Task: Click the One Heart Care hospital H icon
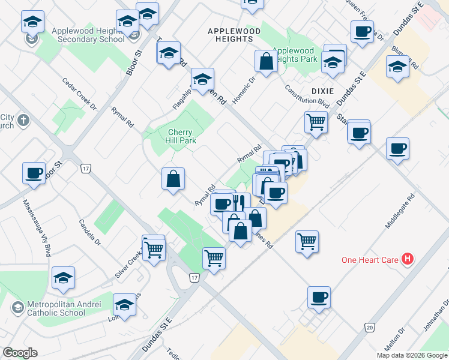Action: pos(408,259)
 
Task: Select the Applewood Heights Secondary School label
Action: pos(88,35)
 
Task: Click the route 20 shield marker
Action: pos(370,326)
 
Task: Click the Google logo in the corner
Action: pos(20,352)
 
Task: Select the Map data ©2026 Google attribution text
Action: pos(412,355)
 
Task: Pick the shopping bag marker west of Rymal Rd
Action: pos(173,178)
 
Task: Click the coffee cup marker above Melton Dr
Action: pos(319,296)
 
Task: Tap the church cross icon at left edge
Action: pos(23,121)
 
